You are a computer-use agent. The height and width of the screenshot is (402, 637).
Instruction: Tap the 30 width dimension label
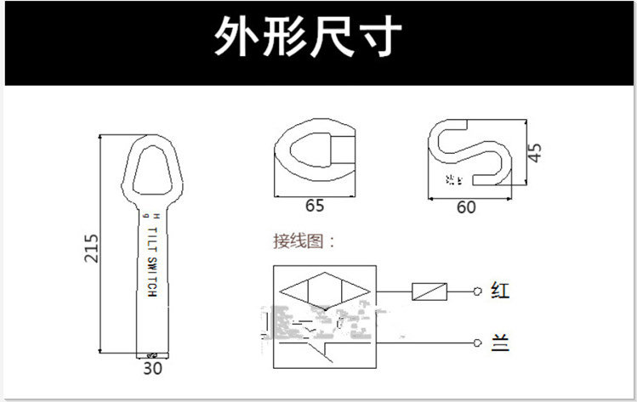click(152, 368)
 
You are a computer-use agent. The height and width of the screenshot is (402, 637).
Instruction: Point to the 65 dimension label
click(314, 205)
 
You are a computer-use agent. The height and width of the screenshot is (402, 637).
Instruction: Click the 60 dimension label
click(465, 207)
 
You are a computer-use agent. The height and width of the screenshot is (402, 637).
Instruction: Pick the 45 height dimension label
click(534, 154)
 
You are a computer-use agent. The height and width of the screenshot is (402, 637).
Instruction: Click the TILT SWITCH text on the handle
click(152, 261)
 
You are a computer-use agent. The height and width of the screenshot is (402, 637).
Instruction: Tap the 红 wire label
click(500, 292)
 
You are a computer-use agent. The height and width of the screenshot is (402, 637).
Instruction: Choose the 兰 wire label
click(500, 343)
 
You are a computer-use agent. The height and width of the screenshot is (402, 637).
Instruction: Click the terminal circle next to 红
click(478, 292)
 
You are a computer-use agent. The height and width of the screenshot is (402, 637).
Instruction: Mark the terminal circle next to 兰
click(478, 343)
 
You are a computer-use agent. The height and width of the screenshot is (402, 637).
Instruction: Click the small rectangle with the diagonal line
click(429, 292)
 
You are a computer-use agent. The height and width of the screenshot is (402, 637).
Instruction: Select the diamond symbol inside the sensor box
click(324, 291)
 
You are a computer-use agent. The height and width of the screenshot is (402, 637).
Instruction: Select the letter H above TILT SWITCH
click(145, 218)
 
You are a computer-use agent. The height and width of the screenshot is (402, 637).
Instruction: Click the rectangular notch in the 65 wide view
click(341, 150)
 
